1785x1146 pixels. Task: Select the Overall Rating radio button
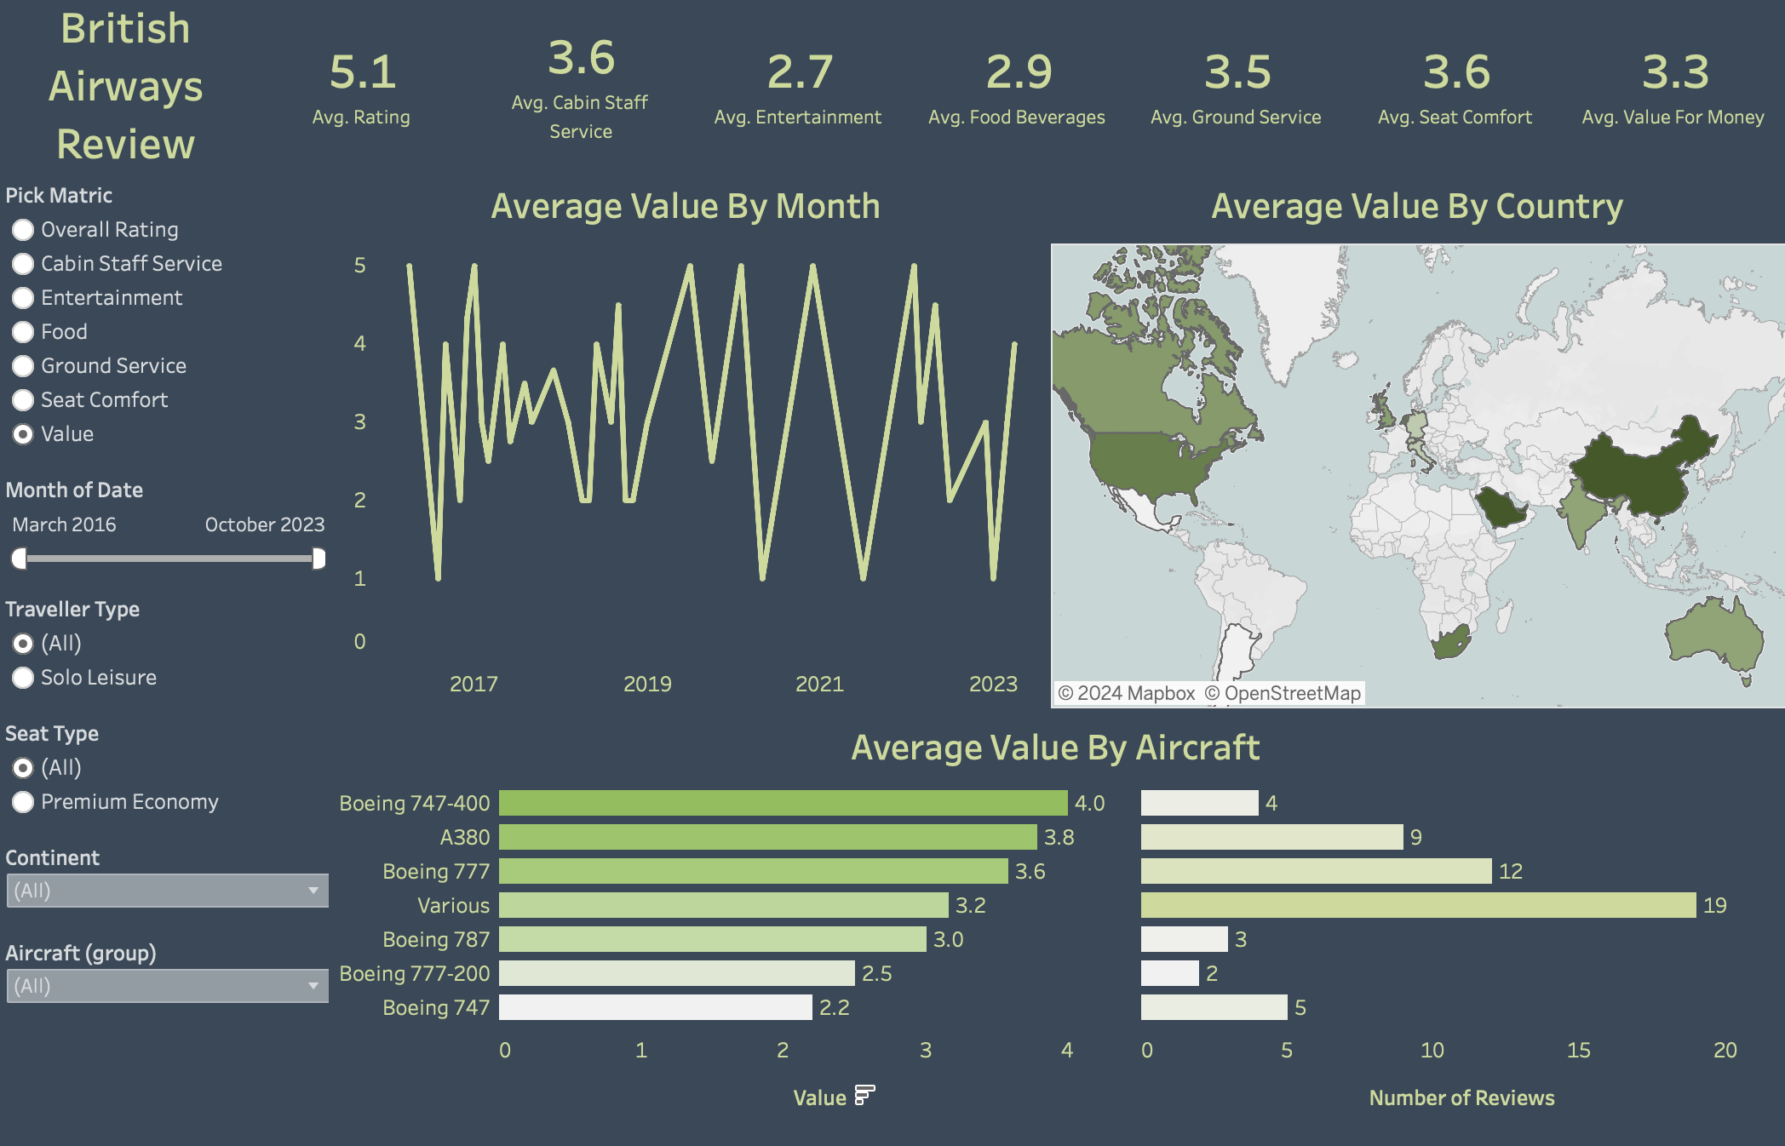click(23, 230)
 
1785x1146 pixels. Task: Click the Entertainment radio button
click(23, 298)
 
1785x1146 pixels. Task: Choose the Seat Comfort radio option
click(23, 400)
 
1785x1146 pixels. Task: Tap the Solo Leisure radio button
click(23, 678)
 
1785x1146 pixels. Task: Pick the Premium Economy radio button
click(23, 802)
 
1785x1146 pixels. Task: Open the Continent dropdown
click(167, 891)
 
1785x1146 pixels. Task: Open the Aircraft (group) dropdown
click(167, 986)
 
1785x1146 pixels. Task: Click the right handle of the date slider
click(319, 559)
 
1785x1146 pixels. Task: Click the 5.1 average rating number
click(362, 72)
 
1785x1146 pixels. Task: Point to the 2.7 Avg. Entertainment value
click(799, 72)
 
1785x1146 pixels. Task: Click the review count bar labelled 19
click(1417, 905)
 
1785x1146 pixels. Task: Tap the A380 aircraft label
click(464, 838)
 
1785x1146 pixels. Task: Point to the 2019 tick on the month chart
click(647, 685)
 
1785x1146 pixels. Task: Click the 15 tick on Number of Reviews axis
click(1578, 1051)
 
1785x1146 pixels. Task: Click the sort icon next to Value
click(864, 1095)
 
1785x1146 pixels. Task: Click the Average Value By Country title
click(1417, 207)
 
